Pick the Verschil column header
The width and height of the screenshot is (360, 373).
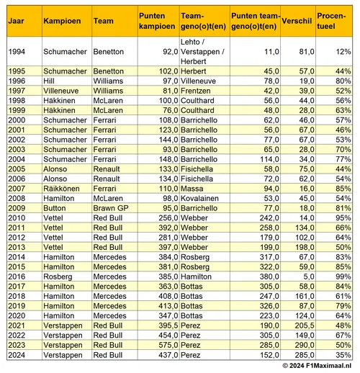point(297,22)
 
